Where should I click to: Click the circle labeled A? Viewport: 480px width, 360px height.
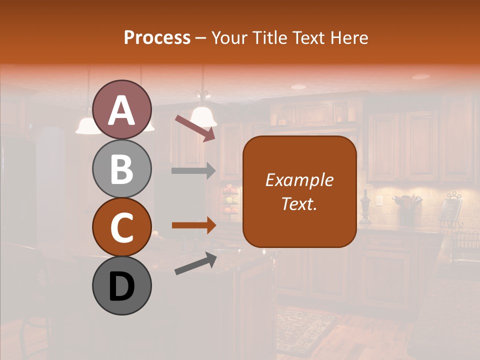pyautogui.click(x=121, y=110)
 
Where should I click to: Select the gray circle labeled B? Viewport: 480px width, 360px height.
pyautogui.click(x=121, y=169)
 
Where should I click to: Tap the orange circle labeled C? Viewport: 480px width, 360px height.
pyautogui.click(x=121, y=227)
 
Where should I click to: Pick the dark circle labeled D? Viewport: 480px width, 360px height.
pyautogui.click(x=121, y=286)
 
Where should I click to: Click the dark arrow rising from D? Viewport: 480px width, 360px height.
pyautogui.click(x=195, y=263)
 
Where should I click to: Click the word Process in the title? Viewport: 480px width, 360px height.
pyautogui.click(x=157, y=37)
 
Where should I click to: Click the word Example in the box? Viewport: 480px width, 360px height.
pyautogui.click(x=299, y=180)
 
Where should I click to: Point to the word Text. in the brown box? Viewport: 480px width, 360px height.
pyautogui.click(x=299, y=203)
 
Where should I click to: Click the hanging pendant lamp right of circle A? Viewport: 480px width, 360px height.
pyautogui.click(x=204, y=115)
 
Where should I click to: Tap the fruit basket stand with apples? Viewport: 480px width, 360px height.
pyautogui.click(x=231, y=200)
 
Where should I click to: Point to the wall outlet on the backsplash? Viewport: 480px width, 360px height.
pyautogui.click(x=379, y=201)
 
